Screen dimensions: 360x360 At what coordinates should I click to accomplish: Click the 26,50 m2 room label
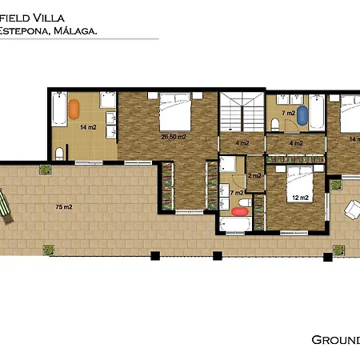[x=174, y=137]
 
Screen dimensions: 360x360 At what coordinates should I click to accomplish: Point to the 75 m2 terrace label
[x=64, y=206]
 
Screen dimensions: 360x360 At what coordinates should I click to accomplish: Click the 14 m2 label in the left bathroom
[x=87, y=126]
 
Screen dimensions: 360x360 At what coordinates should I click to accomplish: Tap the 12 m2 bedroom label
[x=300, y=197]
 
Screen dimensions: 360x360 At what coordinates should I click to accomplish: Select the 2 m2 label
[x=255, y=175]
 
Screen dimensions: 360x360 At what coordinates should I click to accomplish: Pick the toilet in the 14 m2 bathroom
[x=60, y=153]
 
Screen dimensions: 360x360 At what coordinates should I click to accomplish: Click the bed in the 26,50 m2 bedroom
[x=174, y=111]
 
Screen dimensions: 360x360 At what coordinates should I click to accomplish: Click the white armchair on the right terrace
[x=351, y=209]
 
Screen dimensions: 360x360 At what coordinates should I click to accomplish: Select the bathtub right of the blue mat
[x=316, y=111]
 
